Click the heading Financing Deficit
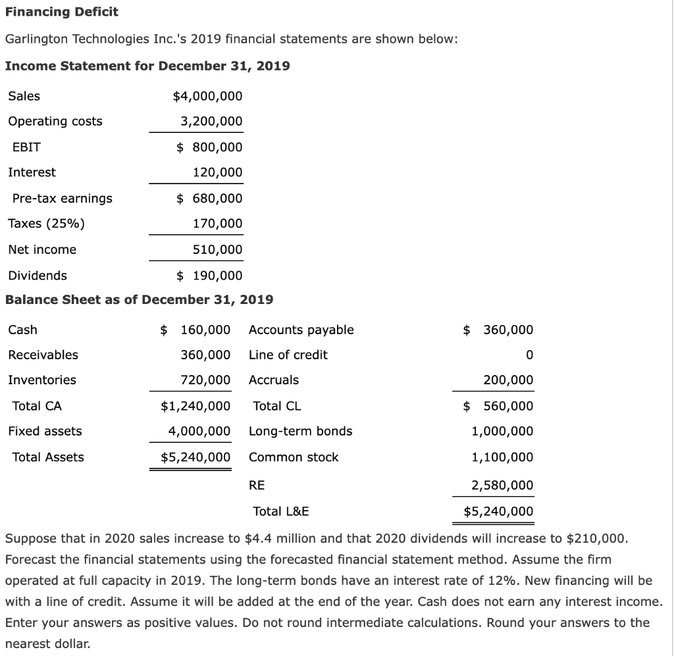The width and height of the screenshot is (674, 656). click(x=62, y=12)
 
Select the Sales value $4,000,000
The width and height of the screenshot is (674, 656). click(x=207, y=96)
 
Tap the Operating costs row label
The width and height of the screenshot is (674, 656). click(x=55, y=121)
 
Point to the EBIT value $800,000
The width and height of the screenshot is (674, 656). click(x=210, y=147)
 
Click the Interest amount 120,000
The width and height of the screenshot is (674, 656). click(x=217, y=172)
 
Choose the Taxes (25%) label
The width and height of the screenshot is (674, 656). click(x=46, y=223)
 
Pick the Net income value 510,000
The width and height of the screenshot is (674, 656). click(x=217, y=249)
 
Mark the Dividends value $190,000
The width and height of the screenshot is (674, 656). click(x=210, y=275)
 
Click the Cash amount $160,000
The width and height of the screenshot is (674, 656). click(x=196, y=330)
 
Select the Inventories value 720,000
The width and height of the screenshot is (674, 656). click(x=205, y=380)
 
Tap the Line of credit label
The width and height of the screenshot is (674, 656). click(x=288, y=355)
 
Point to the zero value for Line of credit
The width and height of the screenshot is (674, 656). click(x=529, y=355)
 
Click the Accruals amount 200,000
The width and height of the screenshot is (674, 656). click(x=508, y=380)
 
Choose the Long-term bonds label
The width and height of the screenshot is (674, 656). click(x=300, y=431)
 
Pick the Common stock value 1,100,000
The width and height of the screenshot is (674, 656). click(x=502, y=457)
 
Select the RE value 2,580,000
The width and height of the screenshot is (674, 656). click(x=502, y=486)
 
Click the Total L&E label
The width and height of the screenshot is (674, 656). click(x=281, y=511)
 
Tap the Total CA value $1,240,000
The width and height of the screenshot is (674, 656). click(x=195, y=406)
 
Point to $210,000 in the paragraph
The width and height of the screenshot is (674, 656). click(x=594, y=538)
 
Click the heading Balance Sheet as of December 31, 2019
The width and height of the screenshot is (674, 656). click(x=139, y=300)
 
